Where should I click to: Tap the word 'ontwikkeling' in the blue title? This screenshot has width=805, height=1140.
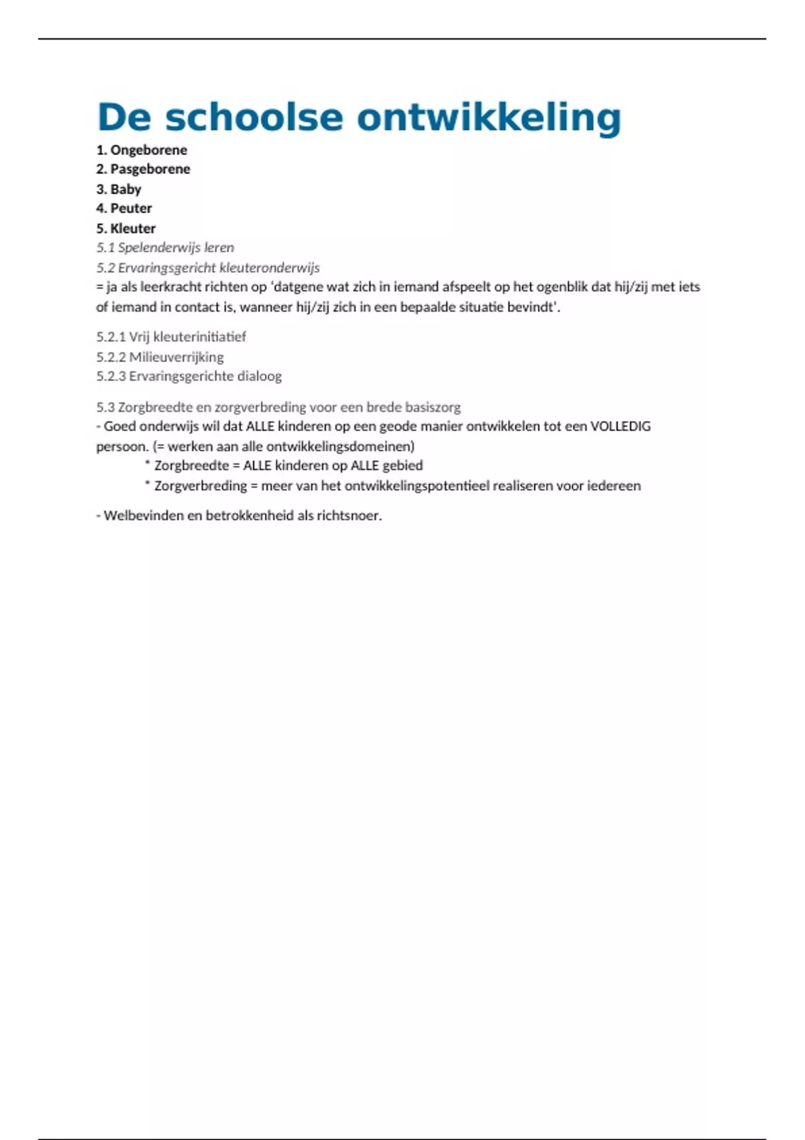(x=489, y=117)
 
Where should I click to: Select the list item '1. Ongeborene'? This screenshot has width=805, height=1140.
(x=142, y=150)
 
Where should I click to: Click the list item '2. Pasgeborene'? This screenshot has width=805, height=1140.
(x=143, y=169)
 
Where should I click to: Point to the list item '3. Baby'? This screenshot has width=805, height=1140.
(x=119, y=189)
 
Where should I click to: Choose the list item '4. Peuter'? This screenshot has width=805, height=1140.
(x=124, y=209)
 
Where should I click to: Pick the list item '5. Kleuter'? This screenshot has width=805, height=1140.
(x=126, y=229)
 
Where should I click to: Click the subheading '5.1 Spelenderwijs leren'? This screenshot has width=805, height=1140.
(x=165, y=247)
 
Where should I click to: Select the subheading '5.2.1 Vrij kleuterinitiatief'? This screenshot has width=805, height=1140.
(x=171, y=337)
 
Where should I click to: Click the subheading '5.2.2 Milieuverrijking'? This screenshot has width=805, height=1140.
(x=160, y=357)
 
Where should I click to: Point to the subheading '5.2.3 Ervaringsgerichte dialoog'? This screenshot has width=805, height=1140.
(x=189, y=376)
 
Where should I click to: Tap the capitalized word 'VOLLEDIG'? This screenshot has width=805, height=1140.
(x=620, y=426)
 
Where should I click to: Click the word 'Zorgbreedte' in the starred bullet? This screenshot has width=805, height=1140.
(x=192, y=465)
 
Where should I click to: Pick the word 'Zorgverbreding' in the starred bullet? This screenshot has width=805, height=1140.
(x=201, y=486)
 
